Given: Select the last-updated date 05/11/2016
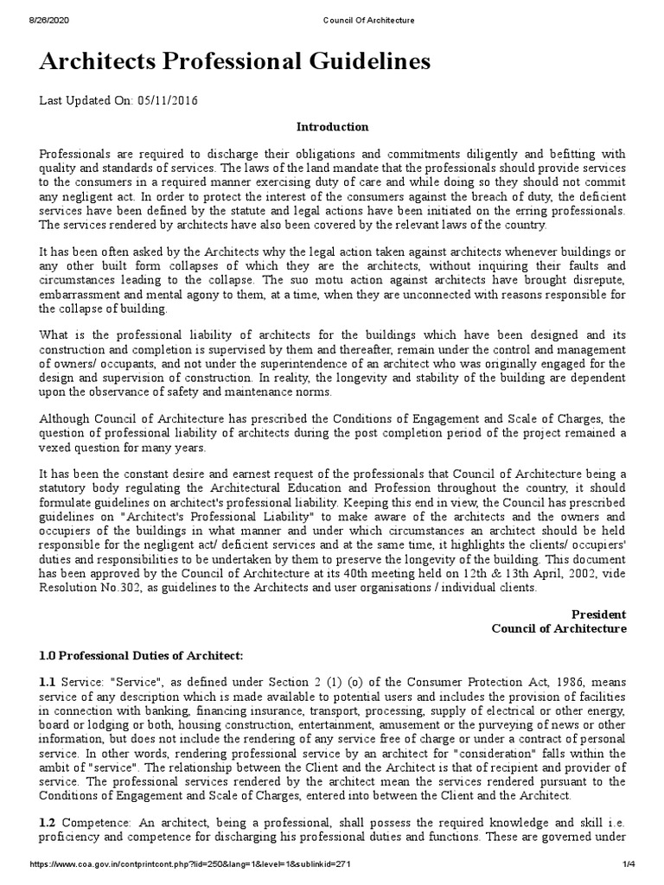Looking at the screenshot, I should [x=167, y=101].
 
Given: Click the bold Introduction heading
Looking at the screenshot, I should [x=332, y=127].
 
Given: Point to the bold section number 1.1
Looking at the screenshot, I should [x=48, y=684].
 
